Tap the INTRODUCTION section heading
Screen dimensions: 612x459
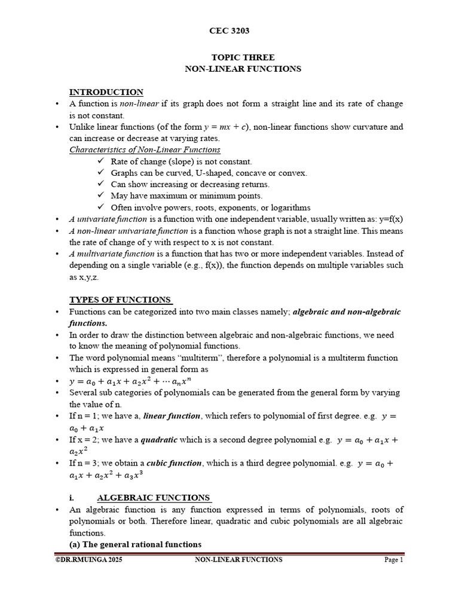tap(106, 92)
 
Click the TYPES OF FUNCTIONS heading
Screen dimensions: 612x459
tap(121, 299)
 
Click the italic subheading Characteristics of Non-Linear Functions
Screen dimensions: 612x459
tap(145, 150)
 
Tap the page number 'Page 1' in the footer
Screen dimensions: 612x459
tap(394, 560)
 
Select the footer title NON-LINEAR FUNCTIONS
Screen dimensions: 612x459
tap(239, 560)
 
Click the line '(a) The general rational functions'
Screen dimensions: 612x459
tap(136, 544)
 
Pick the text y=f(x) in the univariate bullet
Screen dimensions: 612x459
tap(390, 219)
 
